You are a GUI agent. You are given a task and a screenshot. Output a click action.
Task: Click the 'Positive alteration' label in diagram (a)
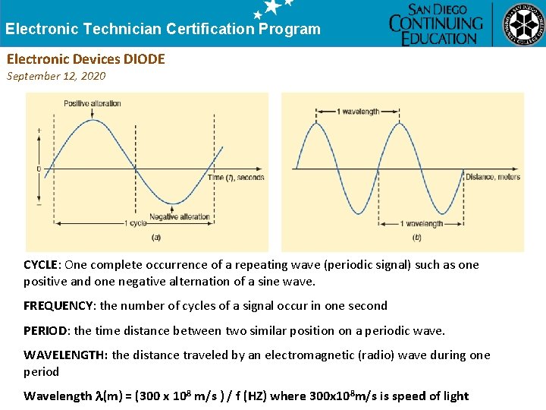[93, 104]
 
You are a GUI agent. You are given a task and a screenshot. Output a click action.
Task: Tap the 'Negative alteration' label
[179, 217]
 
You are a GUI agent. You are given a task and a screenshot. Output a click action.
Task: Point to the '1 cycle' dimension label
[136, 223]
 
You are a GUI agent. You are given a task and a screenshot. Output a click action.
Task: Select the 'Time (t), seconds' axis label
[236, 178]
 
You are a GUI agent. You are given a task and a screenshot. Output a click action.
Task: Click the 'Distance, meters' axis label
[493, 177]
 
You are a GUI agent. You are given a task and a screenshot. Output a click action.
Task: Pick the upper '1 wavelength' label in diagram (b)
[357, 112]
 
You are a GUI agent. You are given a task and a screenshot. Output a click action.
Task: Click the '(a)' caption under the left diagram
[156, 237]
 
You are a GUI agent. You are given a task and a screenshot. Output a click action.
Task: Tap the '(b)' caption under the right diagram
[417, 237]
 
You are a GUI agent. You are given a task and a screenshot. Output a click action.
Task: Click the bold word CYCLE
[41, 265]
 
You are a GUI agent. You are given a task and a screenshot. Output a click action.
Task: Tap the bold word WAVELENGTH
[65, 355]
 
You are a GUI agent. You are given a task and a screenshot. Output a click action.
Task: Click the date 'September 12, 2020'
[56, 76]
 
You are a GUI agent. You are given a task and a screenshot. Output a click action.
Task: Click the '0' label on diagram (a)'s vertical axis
[39, 169]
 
